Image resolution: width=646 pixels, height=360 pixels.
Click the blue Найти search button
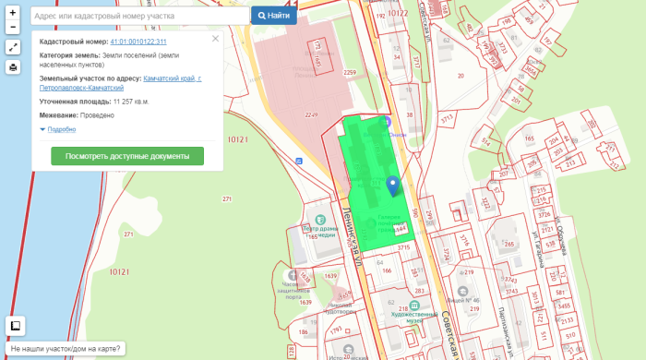(273, 16)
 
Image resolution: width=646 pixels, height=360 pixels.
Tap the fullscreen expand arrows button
(13, 47)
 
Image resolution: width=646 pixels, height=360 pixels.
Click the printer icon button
(13, 67)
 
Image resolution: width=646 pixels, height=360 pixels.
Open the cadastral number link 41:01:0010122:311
(138, 42)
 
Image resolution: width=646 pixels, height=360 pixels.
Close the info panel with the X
(215, 39)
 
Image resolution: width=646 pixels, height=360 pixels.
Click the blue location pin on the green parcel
(392, 186)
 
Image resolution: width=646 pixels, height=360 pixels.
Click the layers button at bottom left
(15, 325)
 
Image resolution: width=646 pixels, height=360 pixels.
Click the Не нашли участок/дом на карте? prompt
(65, 350)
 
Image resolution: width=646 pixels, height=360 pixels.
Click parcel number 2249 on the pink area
(312, 114)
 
